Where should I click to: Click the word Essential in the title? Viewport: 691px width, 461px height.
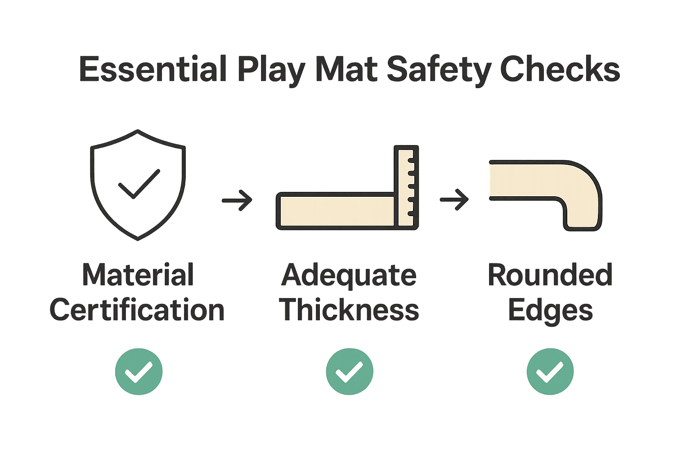click(x=152, y=69)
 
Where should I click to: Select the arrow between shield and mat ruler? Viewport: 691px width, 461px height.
click(x=237, y=199)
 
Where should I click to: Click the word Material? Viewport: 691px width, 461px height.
click(x=138, y=275)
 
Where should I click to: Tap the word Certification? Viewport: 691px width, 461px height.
click(x=137, y=310)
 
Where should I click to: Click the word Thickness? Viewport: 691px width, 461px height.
click(x=349, y=310)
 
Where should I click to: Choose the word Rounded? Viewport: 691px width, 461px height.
click(x=550, y=275)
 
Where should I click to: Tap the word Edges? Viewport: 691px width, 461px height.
click(x=550, y=311)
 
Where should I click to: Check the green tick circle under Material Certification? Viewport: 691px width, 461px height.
click(x=139, y=371)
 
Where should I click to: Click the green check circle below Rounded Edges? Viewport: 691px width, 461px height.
click(x=550, y=371)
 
